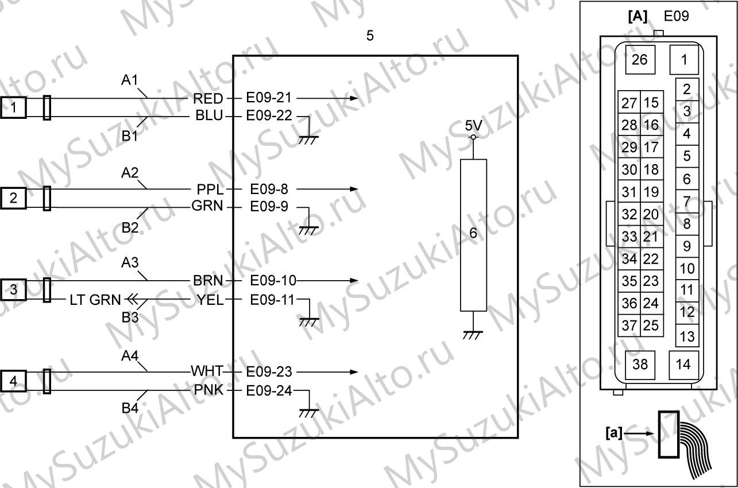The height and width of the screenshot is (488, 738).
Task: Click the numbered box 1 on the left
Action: click(x=13, y=107)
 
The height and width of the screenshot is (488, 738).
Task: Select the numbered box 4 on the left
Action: click(x=13, y=381)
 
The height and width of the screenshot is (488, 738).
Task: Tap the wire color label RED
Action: click(x=208, y=98)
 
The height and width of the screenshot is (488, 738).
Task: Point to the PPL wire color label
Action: click(x=210, y=189)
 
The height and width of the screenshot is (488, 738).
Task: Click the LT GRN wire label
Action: click(x=95, y=300)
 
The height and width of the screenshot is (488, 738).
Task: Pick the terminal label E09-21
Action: click(x=269, y=98)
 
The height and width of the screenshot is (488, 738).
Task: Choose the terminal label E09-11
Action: click(x=272, y=300)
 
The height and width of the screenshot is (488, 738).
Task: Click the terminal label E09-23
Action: click(x=269, y=372)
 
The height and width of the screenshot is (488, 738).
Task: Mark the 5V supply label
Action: click(x=473, y=126)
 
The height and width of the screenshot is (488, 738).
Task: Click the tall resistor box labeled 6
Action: click(x=473, y=235)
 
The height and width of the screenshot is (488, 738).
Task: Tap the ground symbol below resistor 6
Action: click(x=473, y=335)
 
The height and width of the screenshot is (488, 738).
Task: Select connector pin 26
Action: click(x=640, y=60)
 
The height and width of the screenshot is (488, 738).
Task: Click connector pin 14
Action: click(x=683, y=365)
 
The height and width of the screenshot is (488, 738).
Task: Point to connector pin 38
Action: click(x=640, y=365)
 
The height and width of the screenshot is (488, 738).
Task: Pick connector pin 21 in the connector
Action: click(x=651, y=237)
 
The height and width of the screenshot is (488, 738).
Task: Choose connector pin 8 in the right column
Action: click(x=687, y=224)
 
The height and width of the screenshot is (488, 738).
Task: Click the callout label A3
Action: click(x=130, y=263)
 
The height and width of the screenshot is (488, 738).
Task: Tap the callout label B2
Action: click(x=130, y=227)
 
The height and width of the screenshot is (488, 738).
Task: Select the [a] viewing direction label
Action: click(x=614, y=433)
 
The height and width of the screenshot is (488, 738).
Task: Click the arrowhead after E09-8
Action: click(x=354, y=189)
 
